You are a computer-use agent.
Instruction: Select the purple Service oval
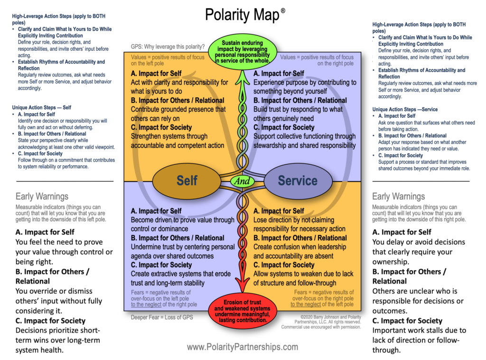point(298,181)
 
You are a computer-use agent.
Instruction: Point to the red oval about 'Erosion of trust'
point(243,312)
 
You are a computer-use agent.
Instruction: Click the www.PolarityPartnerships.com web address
point(243,347)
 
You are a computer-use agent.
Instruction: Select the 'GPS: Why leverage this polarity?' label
point(168,47)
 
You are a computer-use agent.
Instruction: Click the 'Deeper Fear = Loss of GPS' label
point(162,317)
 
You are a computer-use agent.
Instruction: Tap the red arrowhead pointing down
point(243,288)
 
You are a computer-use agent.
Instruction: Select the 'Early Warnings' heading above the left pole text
point(42,197)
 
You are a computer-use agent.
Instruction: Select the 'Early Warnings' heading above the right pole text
point(398,197)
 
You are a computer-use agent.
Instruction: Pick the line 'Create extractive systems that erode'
point(181,274)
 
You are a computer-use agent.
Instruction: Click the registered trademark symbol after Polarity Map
point(283,11)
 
